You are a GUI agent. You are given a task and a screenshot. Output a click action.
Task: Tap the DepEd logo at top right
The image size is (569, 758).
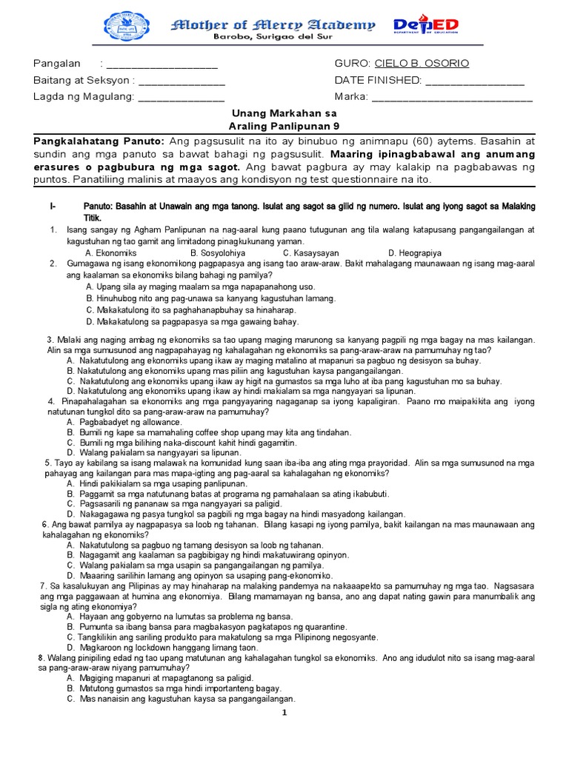pyautogui.click(x=426, y=27)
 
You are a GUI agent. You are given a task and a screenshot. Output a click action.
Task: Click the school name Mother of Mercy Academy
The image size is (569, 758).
pyautogui.click(x=273, y=24)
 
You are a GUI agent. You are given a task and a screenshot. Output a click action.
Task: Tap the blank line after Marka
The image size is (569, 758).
pyautogui.click(x=452, y=97)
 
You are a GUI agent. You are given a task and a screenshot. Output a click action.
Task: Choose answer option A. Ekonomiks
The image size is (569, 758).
pyautogui.click(x=113, y=252)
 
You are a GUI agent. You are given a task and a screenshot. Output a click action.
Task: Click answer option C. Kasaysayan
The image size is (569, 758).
pyautogui.click(x=313, y=252)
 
